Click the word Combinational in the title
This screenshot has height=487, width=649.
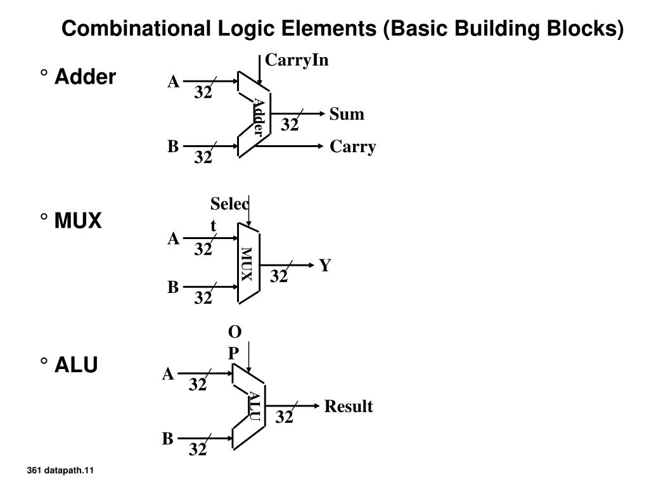pos(136,29)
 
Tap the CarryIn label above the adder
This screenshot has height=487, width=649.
pos(297,60)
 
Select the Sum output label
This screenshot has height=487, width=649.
pos(347,114)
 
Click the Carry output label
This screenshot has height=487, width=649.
pos(352,146)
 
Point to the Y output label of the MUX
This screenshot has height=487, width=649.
pos(325,266)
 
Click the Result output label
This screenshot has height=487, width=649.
pos(349,406)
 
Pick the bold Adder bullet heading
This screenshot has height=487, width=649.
pos(85,77)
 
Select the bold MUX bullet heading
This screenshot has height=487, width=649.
pos(78,220)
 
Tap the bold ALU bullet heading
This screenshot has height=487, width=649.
pos(76,365)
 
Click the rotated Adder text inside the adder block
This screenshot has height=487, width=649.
pos(258,117)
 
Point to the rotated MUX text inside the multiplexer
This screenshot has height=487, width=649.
pos(247,264)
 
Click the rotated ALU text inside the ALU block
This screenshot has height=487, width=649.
pos(254,406)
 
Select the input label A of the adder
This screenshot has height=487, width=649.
pos(174,82)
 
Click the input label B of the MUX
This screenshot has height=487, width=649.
pos(173,287)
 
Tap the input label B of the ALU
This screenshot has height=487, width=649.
pos(167,439)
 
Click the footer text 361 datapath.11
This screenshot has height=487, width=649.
pos(60,471)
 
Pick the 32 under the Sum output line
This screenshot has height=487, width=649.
pos(289,125)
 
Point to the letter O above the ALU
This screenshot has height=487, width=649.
pos(235,332)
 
